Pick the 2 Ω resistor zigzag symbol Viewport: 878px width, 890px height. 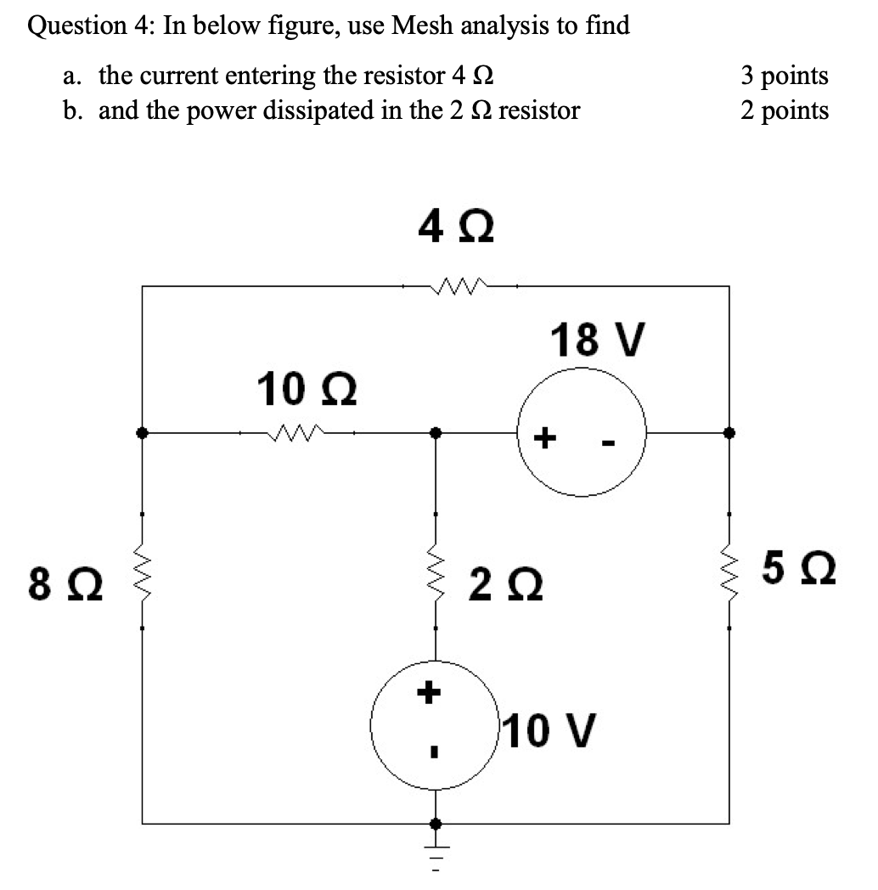coord(436,572)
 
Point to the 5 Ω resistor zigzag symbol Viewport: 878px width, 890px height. coord(729,572)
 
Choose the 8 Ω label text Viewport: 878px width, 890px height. coord(65,586)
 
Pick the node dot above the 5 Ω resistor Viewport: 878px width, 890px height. coord(729,432)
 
